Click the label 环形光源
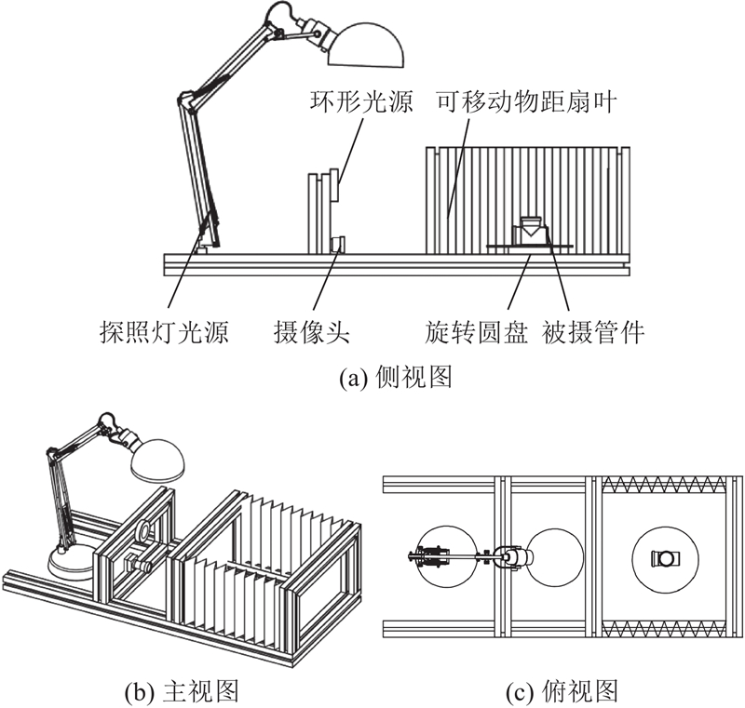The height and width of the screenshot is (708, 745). point(361,101)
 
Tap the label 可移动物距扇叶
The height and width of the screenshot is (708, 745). point(527,101)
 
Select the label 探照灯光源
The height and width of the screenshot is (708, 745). point(165,332)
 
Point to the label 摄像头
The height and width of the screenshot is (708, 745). point(312,332)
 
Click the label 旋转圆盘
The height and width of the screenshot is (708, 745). point(477,332)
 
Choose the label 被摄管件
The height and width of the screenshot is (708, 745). point(593,332)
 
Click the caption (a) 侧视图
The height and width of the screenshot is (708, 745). point(395,379)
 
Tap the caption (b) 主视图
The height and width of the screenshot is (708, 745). point(181,692)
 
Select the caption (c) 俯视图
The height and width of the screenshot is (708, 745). point(562,692)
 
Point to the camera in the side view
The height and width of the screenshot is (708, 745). point(338,245)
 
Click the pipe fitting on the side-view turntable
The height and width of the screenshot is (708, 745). point(530,231)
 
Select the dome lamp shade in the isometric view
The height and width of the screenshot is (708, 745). point(157,460)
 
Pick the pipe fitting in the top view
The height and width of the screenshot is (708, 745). point(666,558)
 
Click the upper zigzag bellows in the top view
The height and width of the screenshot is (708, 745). point(664,484)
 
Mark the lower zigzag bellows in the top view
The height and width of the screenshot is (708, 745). point(664,628)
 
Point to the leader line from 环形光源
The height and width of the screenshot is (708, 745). point(350,151)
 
